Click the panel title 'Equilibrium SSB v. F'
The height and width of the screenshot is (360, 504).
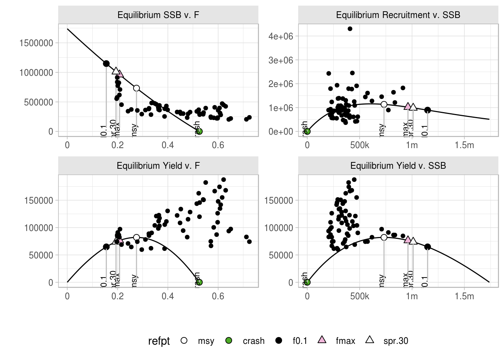pos(158,15)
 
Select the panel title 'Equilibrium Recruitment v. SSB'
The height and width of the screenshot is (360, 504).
pos(398,15)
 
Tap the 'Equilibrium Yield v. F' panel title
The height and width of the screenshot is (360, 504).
pos(158,166)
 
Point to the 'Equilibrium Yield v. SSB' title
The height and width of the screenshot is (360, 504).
pos(398,166)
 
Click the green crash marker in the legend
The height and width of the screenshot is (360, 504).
pos(229,340)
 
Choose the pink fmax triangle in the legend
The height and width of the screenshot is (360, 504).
pos(322,340)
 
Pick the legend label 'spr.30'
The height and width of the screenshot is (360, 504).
pos(396,341)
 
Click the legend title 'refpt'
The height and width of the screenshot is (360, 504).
pos(159,341)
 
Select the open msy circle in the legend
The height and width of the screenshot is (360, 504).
pos(184,340)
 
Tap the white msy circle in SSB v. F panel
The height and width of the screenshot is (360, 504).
pos(136,88)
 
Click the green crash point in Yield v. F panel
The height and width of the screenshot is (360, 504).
pos(199,282)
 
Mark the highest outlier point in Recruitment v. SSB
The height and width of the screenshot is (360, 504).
pos(350,29)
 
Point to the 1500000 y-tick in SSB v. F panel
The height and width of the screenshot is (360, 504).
pos(36,43)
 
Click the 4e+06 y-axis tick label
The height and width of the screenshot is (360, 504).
pos(280,36)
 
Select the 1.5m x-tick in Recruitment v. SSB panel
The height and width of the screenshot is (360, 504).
pos(464,145)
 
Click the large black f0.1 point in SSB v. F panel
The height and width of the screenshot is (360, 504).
pos(106,64)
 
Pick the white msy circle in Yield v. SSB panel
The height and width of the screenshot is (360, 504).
pos(384,237)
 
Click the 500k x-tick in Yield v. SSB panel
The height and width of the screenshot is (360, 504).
pos(360,296)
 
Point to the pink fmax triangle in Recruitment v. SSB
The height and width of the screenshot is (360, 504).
pos(408,106)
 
